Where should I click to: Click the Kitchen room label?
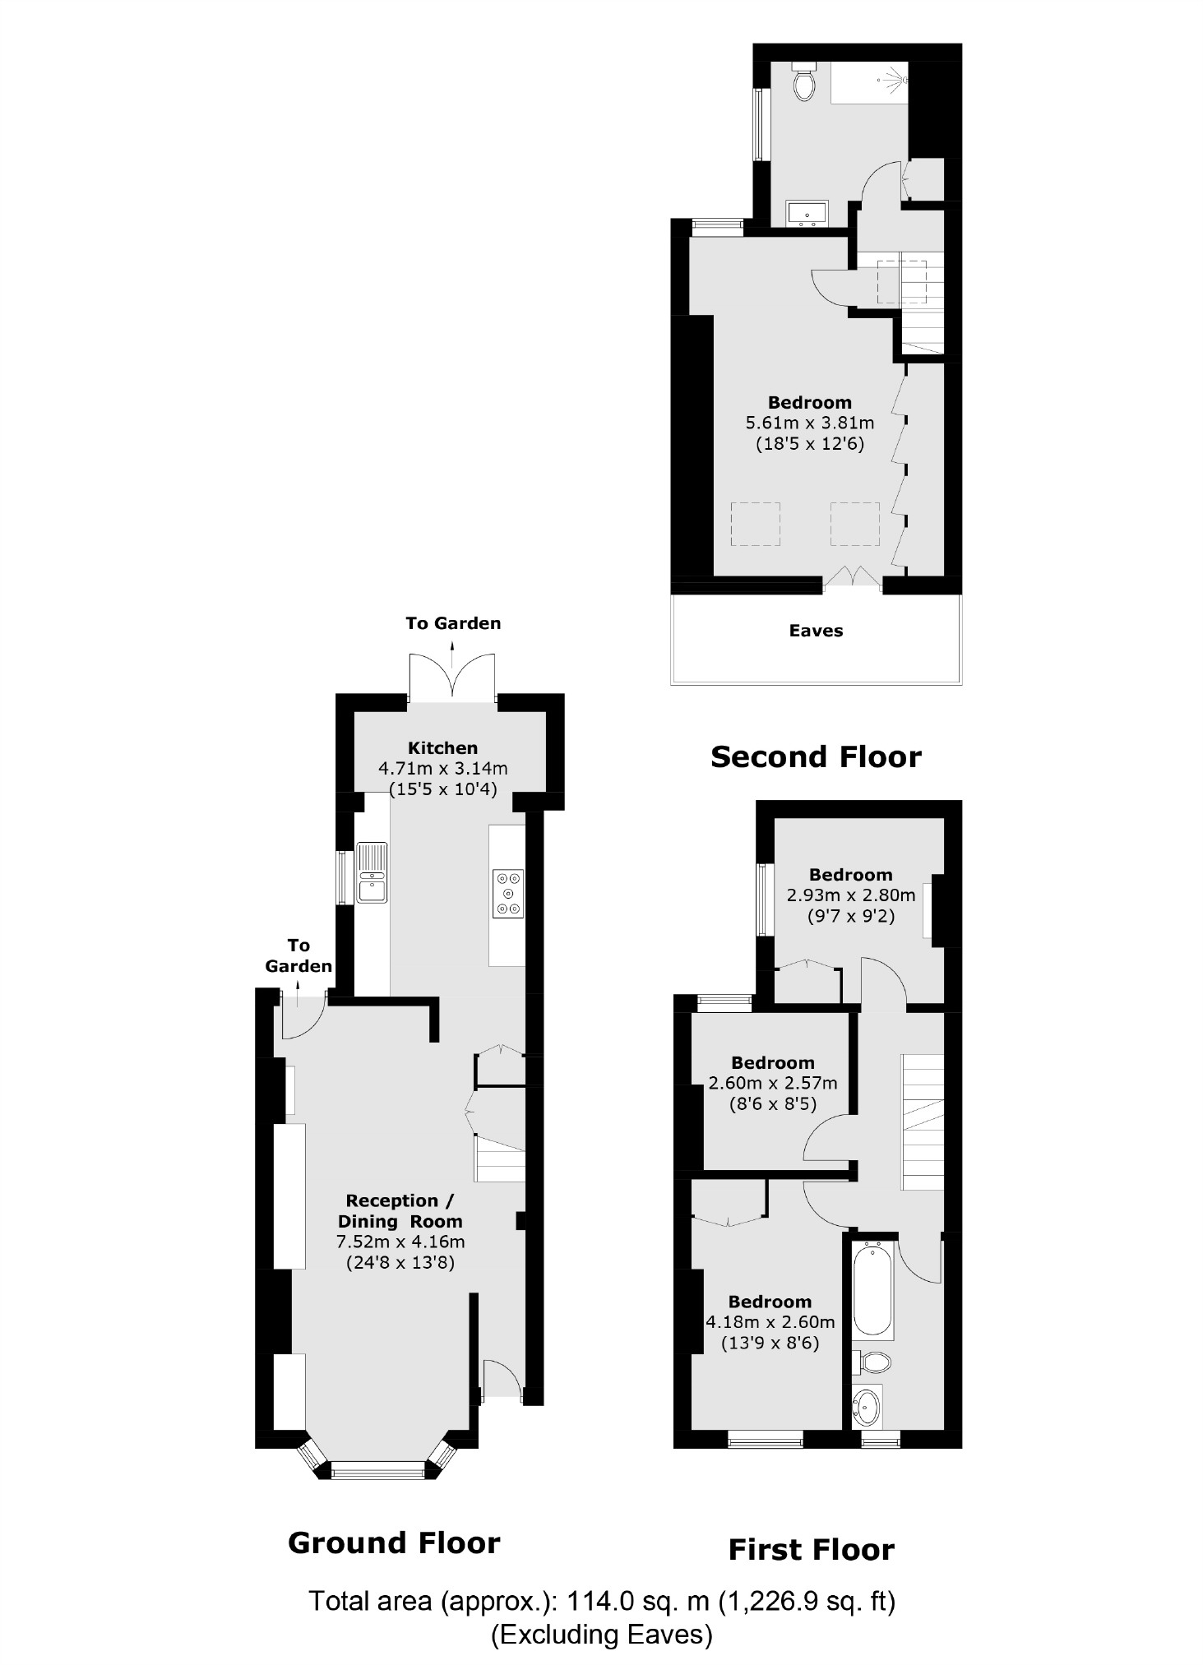[442, 747]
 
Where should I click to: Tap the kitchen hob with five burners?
[508, 893]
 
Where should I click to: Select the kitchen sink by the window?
[372, 872]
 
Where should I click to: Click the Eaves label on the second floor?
[816, 631]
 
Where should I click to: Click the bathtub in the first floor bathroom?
[872, 1289]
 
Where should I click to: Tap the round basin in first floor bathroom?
[866, 1408]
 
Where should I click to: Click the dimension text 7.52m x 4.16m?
[400, 1242]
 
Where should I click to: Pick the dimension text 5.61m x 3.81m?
[809, 423]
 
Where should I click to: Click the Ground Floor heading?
[394, 1543]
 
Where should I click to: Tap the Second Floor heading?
[816, 756]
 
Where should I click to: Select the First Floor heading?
[811, 1550]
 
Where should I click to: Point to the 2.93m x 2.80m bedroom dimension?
[850, 895]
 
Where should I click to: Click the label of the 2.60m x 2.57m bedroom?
[772, 1062]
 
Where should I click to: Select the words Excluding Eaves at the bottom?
[602, 1634]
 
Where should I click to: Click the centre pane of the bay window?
[378, 1470]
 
